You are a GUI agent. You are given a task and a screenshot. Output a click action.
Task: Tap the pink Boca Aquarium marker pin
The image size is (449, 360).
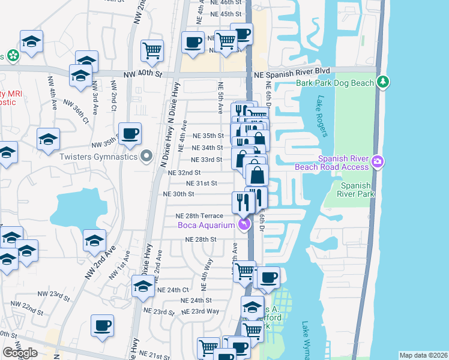(x=244, y=225)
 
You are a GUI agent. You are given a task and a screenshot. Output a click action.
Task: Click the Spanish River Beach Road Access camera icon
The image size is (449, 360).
(x=377, y=161)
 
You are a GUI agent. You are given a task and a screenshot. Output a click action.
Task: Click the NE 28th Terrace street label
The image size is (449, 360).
(x=199, y=215)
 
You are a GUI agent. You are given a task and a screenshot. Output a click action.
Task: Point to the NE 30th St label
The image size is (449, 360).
(x=179, y=194)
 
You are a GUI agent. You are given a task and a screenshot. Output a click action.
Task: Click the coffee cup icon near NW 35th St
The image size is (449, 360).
(x=129, y=134)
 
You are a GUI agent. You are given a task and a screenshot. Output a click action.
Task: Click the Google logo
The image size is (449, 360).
(x=20, y=353)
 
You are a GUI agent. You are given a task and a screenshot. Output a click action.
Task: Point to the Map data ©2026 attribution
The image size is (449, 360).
(x=423, y=355)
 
